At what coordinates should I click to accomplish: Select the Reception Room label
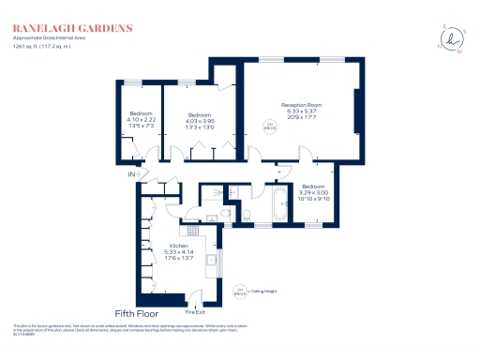301,109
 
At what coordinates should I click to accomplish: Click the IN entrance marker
132,174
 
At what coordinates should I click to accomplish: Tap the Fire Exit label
195,311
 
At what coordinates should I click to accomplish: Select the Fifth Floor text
137,312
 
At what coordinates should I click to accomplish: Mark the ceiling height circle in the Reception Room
270,126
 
